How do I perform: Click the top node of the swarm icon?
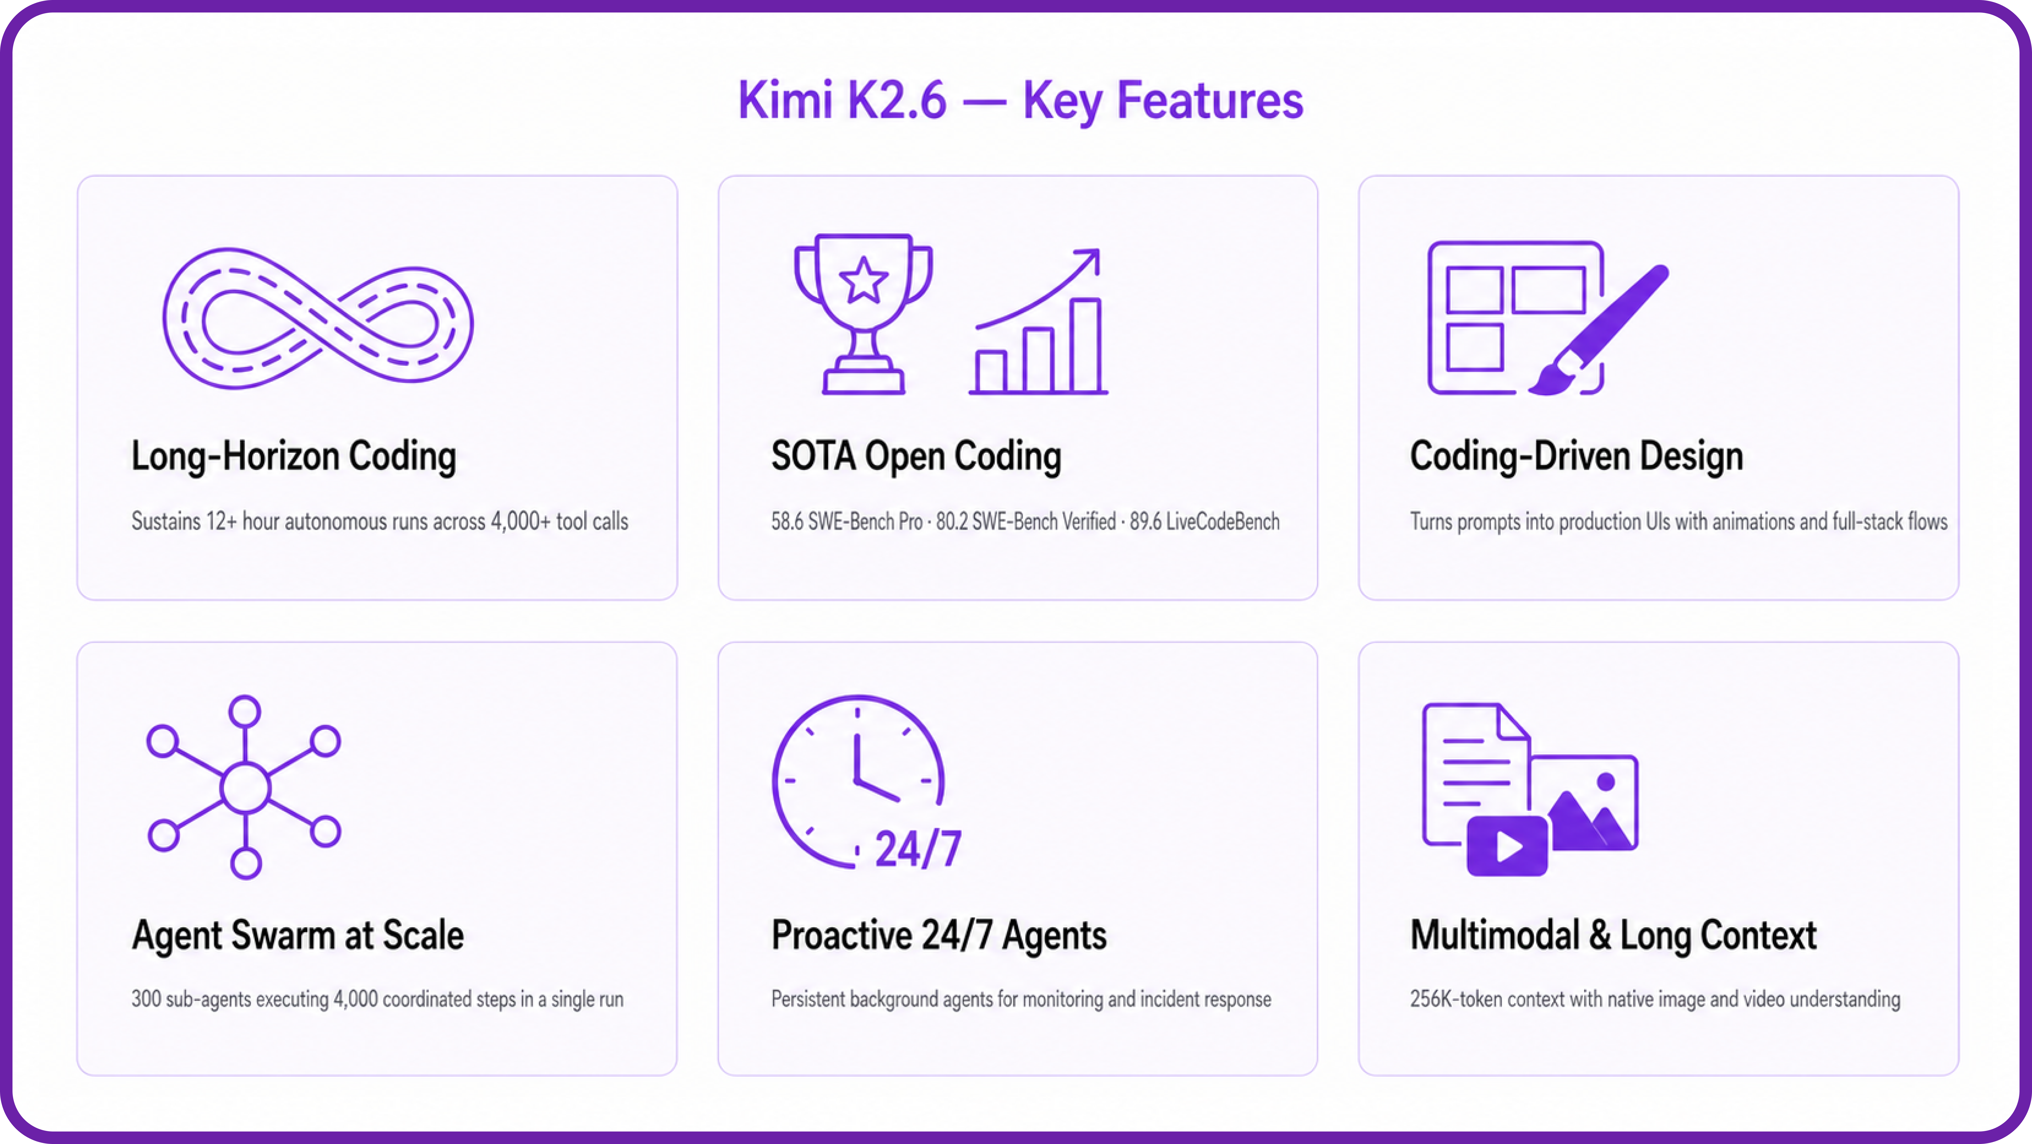pos(244,711)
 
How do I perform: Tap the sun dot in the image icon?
pos(1605,782)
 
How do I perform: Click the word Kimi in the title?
pos(785,101)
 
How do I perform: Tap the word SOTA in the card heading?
pos(813,456)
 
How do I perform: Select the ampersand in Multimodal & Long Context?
pos(1601,935)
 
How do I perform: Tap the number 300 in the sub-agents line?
pos(146,999)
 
